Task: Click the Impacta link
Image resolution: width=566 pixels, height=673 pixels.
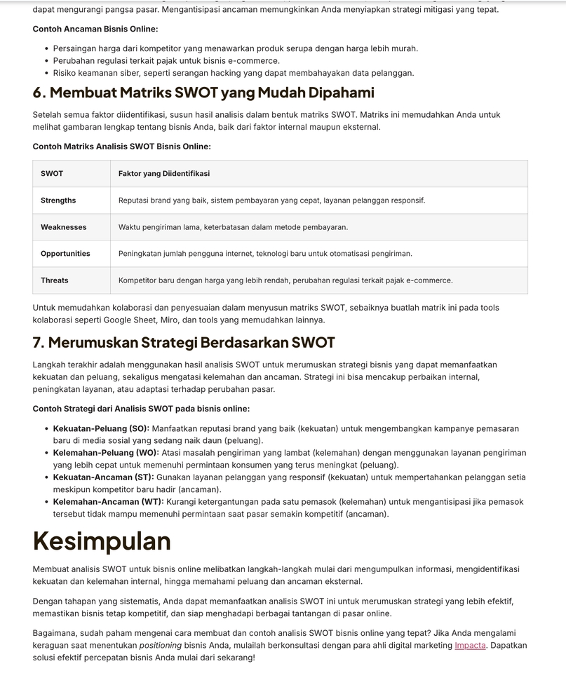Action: (470, 645)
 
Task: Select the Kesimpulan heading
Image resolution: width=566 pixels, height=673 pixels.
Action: (102, 541)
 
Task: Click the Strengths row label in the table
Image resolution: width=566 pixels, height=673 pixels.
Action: (58, 200)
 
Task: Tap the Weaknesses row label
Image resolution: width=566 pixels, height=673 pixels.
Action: (63, 227)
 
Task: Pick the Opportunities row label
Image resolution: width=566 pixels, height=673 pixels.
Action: (65, 254)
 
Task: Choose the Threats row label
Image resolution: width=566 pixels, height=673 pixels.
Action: (54, 280)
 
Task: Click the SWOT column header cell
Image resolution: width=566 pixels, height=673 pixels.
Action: (52, 174)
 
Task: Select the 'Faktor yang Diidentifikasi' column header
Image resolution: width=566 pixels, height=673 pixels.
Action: (164, 174)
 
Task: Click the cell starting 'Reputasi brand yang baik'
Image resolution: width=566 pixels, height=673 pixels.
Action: (271, 200)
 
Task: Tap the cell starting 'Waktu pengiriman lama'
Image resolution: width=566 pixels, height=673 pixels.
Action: (233, 227)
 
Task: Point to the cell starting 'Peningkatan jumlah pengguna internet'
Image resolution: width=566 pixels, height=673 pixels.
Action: (265, 254)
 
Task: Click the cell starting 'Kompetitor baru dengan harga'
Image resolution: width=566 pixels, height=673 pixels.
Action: (285, 280)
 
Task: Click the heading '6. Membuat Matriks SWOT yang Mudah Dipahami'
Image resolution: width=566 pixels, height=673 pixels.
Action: (203, 93)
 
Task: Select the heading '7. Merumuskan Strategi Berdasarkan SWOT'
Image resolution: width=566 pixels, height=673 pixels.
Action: (184, 343)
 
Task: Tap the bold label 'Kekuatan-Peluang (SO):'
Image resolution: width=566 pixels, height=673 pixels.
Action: (101, 428)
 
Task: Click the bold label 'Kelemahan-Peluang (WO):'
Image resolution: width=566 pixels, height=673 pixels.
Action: (106, 453)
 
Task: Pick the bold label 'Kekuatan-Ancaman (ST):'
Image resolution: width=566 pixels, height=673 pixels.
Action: (103, 477)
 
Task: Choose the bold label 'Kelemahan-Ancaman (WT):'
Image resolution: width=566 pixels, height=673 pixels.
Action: (108, 502)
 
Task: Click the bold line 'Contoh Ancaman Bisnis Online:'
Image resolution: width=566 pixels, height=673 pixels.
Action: (95, 29)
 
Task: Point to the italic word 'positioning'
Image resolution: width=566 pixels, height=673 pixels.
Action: (161, 645)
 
